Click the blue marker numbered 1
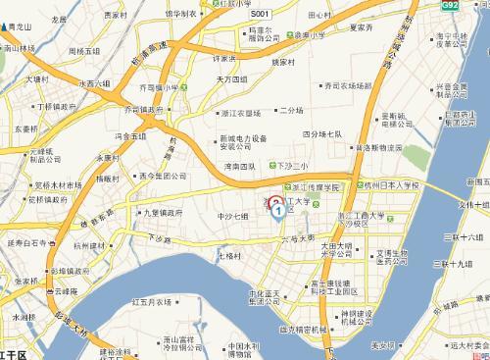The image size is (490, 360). (x=278, y=209)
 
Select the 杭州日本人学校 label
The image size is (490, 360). (x=391, y=185)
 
